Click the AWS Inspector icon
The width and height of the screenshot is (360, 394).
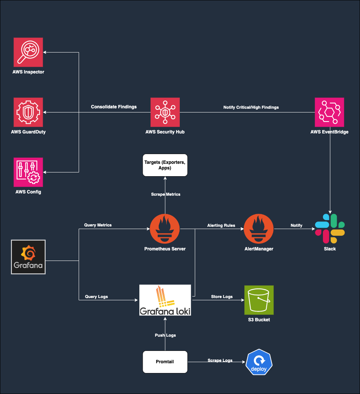[x=28, y=52]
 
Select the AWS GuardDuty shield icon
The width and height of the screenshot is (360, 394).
[x=28, y=112]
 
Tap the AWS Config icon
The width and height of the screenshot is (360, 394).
[x=28, y=172]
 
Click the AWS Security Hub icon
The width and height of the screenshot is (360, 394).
[x=165, y=112]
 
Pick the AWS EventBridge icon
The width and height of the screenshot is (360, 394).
[x=329, y=112]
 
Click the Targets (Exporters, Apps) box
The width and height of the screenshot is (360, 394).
[x=165, y=165]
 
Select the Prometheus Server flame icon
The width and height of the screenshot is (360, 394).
[x=165, y=229]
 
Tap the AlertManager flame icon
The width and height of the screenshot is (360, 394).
[x=259, y=229]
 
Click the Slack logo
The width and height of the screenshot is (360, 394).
[x=330, y=229]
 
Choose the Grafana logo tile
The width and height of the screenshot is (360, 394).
[x=28, y=257]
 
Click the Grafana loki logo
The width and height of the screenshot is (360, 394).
[x=165, y=300]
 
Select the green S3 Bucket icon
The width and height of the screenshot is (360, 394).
[x=259, y=300]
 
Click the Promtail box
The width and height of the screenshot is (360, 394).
[x=165, y=362]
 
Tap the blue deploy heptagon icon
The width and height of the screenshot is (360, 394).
[x=259, y=362]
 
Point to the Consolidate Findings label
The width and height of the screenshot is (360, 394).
[x=114, y=107]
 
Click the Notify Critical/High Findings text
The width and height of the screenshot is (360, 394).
[x=251, y=107]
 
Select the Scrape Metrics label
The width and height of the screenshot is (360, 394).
[x=166, y=194]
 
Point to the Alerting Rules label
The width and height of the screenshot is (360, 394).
[x=221, y=225]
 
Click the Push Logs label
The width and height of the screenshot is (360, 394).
[x=165, y=335]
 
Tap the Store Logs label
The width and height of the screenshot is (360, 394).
[x=222, y=297]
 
